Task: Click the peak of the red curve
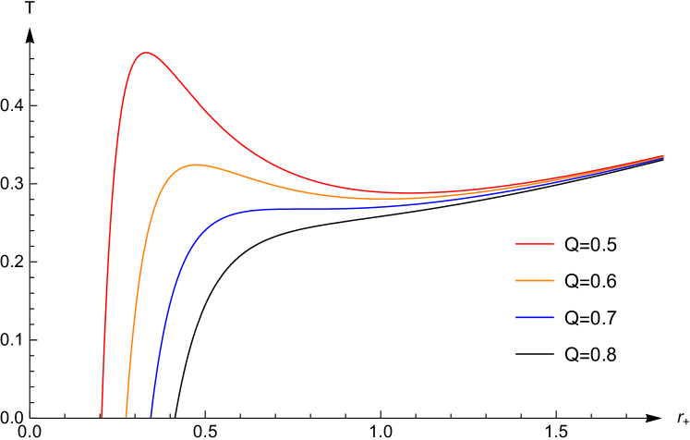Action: point(145,53)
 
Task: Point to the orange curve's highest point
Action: point(196,165)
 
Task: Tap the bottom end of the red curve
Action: point(102,416)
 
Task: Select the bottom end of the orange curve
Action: point(127,416)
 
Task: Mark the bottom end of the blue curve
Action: point(151,416)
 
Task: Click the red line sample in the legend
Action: point(535,244)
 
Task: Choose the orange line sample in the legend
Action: point(535,280)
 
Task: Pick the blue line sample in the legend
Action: point(535,317)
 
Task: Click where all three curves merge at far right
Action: point(662,157)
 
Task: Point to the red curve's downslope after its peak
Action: point(199,102)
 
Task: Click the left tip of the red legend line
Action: point(516,244)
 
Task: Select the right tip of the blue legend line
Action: point(553,317)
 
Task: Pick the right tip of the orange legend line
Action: point(553,280)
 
